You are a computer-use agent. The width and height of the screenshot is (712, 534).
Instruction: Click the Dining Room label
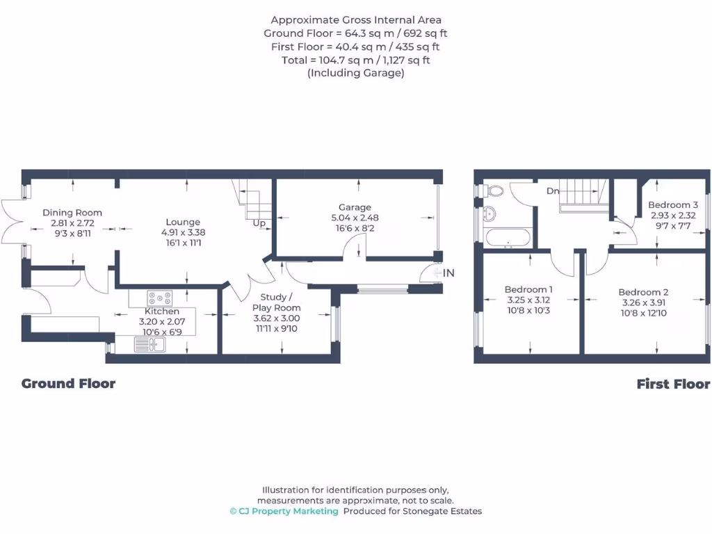tap(72, 213)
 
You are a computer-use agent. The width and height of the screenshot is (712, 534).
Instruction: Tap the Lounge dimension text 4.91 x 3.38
tap(183, 233)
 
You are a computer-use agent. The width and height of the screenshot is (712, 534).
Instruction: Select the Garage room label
tap(355, 207)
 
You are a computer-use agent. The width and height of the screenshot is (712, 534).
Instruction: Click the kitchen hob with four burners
tap(159, 298)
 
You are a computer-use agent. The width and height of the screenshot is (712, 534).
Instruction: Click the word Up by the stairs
tap(259, 223)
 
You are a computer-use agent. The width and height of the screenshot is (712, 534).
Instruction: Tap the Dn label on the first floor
tap(553, 191)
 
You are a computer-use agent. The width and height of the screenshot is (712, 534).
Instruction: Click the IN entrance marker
tap(448, 273)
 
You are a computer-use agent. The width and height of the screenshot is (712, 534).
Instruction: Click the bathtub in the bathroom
tap(508, 237)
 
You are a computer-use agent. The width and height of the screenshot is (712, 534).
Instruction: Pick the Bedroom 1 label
tap(528, 289)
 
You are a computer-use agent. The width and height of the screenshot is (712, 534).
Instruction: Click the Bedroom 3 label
tap(673, 205)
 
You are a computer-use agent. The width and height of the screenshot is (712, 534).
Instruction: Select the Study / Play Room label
tap(276, 302)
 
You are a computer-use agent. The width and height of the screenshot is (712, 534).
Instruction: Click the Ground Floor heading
tap(68, 384)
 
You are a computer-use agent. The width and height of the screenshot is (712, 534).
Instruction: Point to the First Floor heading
tap(673, 384)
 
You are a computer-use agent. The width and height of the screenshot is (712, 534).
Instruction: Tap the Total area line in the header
tap(355, 60)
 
